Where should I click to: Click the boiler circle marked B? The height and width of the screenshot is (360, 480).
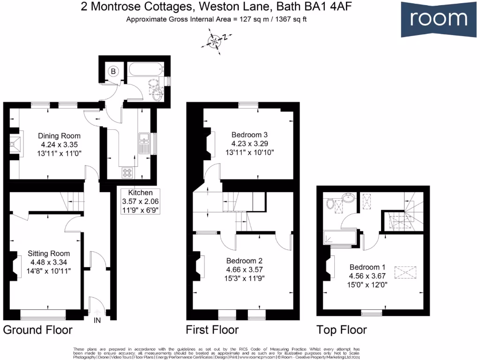click(x=113, y=71)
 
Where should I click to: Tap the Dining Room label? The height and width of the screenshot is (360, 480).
click(x=59, y=136)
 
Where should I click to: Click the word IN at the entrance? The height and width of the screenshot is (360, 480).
click(x=97, y=321)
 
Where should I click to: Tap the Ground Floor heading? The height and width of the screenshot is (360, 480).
click(x=38, y=330)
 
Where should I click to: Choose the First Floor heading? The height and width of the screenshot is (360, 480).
click(x=212, y=330)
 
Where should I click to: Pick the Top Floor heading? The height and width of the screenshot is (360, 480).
click(x=341, y=330)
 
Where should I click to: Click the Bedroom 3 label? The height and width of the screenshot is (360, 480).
click(x=249, y=135)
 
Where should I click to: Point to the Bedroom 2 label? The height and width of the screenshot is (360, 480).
click(x=244, y=261)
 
